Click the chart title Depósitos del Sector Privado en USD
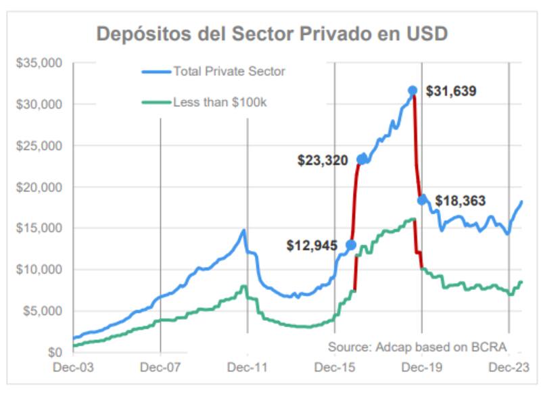(273, 34)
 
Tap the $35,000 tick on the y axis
(39, 64)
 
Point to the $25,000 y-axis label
(39, 146)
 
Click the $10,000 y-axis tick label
(39, 270)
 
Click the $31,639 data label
(452, 91)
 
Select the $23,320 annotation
(323, 160)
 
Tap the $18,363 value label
(461, 201)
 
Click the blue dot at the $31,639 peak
(413, 91)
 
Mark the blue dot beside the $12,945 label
(350, 245)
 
